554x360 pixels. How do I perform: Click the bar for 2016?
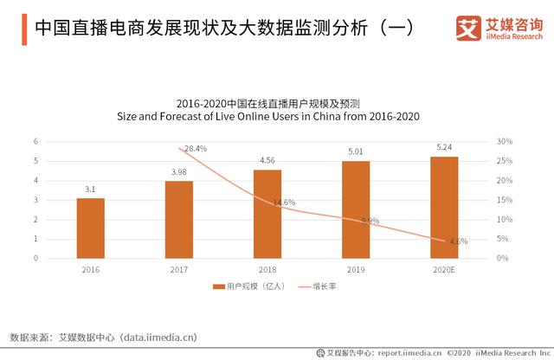click(90, 228)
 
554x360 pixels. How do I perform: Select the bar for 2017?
click(178, 219)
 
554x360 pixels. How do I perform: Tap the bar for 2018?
click(267, 213)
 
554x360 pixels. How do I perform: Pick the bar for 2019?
click(356, 209)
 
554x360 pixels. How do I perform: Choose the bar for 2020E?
click(444, 207)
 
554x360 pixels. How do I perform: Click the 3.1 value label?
click(90, 190)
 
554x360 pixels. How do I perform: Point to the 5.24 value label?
click(444, 147)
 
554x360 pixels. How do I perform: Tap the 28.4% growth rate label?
click(196, 149)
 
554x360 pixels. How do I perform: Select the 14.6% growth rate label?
click(284, 202)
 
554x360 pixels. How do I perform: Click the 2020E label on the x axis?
click(444, 269)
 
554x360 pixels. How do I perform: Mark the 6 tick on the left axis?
click(35, 141)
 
